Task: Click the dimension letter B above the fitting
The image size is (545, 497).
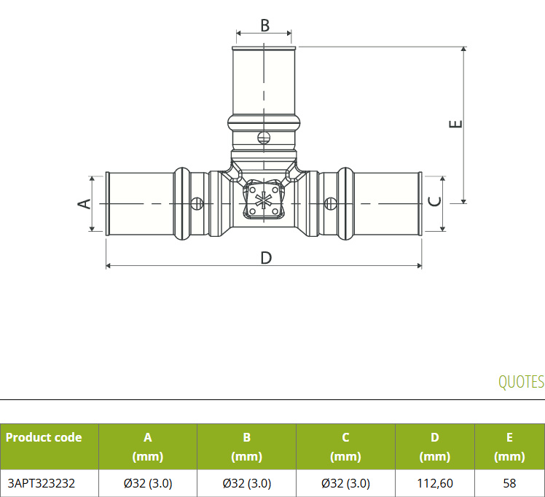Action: pos(265,26)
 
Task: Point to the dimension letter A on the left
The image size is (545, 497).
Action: pos(84,203)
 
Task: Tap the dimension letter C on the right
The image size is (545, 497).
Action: pos(435,201)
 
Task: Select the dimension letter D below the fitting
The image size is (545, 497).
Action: pos(266,258)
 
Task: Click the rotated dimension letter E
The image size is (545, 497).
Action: pos(455,124)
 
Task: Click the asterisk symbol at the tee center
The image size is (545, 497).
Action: pos(264,200)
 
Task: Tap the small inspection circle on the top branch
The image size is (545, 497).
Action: pos(264,138)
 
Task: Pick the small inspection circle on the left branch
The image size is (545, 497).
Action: pos(197,203)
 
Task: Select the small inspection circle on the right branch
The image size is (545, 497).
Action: pos(331,203)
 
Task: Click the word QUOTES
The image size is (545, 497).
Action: pos(521,382)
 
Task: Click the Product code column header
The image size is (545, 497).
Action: pos(44,437)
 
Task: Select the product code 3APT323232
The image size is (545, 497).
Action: pos(42,483)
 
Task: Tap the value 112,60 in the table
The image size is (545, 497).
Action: pos(435,483)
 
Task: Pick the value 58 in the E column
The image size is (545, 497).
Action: pos(509,483)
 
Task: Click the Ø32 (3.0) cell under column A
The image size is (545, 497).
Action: pos(148,483)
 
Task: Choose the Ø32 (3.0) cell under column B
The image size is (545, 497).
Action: pos(247,483)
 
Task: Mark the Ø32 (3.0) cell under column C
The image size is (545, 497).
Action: pos(345,483)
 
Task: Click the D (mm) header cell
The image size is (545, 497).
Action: pos(435,447)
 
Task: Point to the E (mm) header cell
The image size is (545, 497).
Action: pos(509,447)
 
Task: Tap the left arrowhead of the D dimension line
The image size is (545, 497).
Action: pos(108,266)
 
